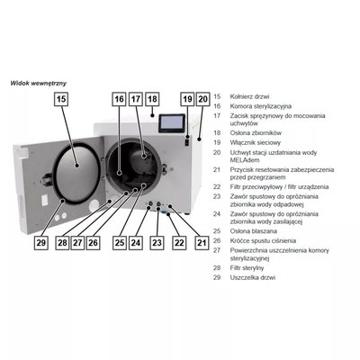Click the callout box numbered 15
pos(61,99)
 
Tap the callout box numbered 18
pos(152,99)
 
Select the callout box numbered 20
pos(203,99)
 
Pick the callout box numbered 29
pos(40,243)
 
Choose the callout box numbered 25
pos(120,243)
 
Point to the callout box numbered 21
pos(202,243)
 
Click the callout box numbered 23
pos(157,243)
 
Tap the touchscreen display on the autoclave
pos(172,123)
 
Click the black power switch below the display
pos(187,140)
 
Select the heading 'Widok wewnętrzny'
pos(39,83)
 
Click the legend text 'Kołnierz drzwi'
pos(249,96)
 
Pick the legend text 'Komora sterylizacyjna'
pos(261,106)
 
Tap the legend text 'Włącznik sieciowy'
pos(256,142)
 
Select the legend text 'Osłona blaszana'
pos(254,231)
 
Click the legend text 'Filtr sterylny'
pos(247,267)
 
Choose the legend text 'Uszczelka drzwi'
pos(253,277)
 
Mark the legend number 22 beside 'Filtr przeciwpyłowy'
pos(217,187)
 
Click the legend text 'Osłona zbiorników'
pos(256,133)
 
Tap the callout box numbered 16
pos(120,99)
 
